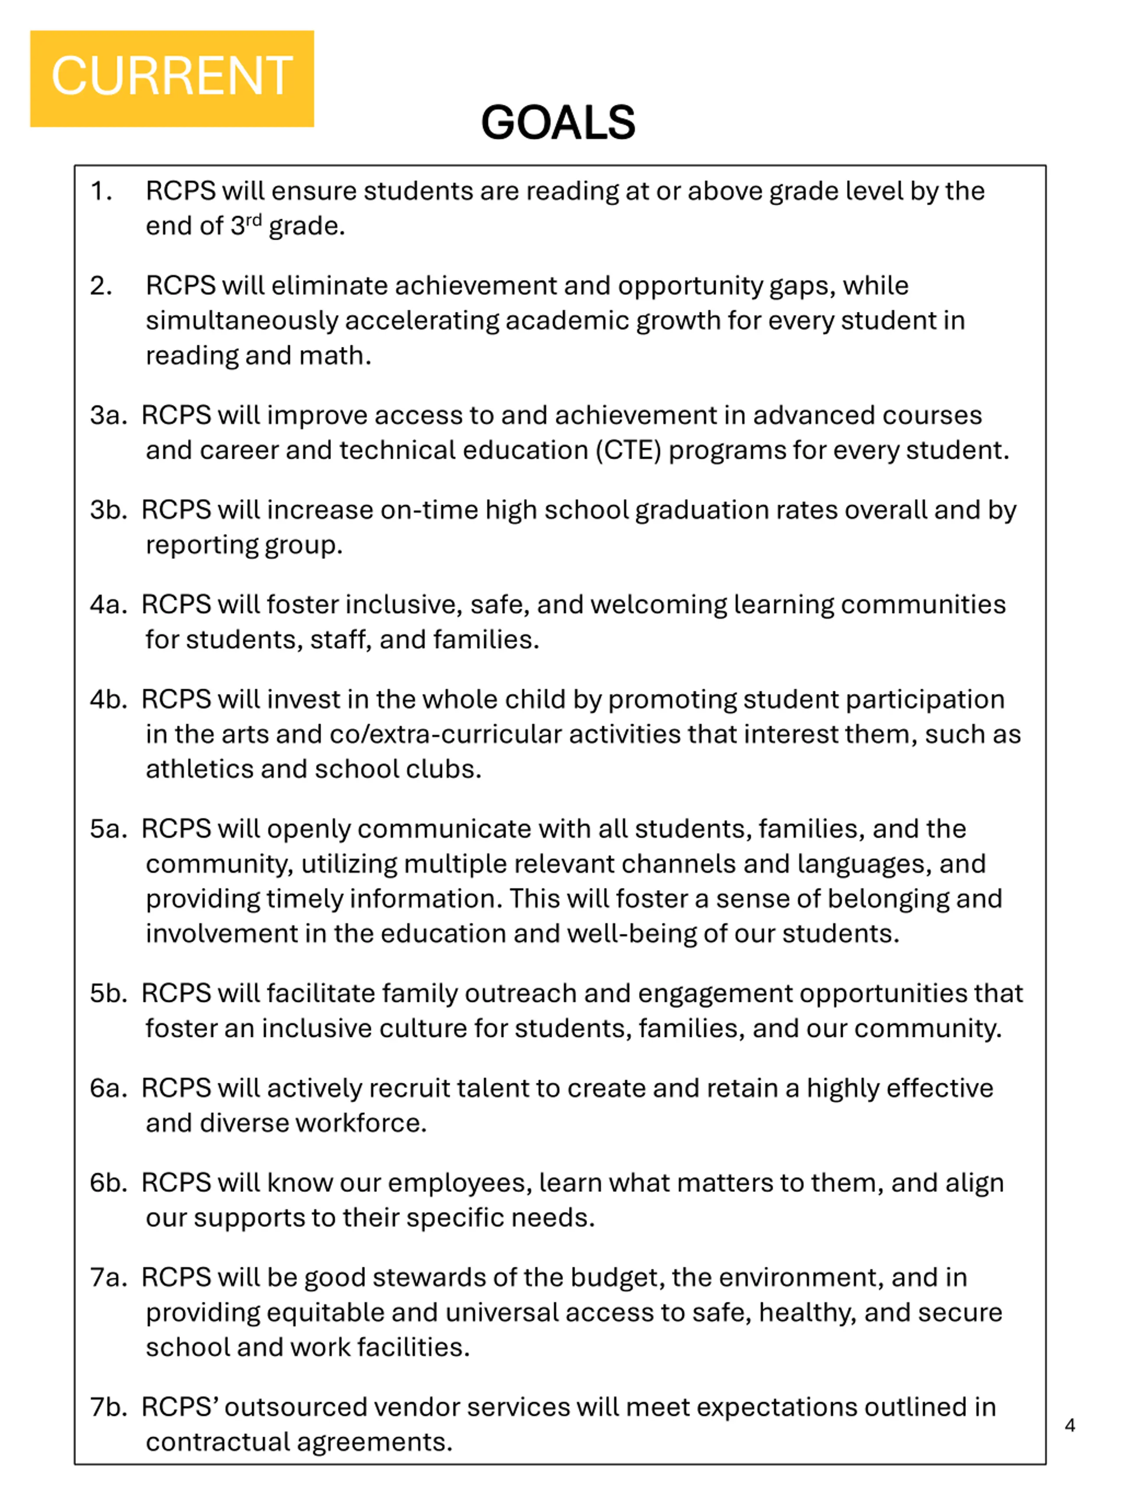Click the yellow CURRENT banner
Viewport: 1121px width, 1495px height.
[172, 78]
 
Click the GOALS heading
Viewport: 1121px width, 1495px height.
[558, 123]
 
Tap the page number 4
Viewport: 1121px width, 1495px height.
[1070, 1425]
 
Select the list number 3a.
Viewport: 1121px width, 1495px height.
[108, 415]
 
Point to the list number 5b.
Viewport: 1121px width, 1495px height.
[108, 993]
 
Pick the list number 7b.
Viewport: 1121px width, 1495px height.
[108, 1407]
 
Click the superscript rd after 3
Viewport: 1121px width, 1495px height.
[254, 220]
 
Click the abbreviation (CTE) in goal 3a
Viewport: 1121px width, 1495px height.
[628, 450]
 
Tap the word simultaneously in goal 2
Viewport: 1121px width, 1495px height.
[242, 320]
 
